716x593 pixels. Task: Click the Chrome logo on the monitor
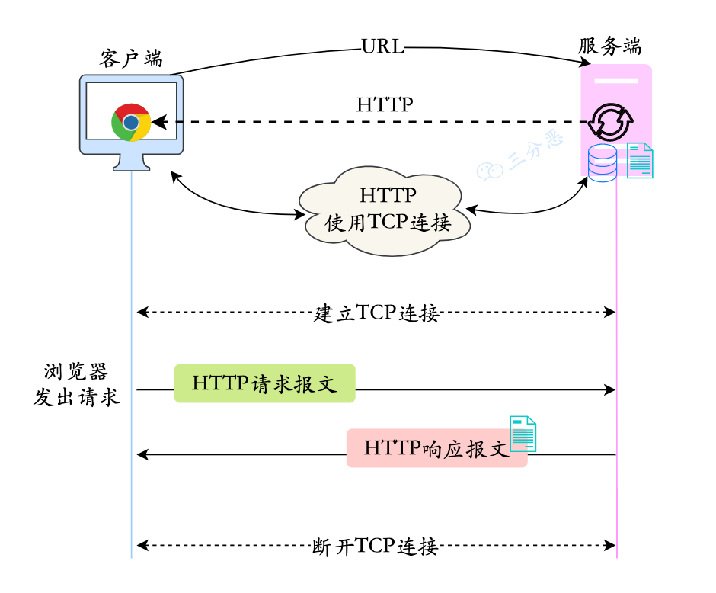click(x=131, y=122)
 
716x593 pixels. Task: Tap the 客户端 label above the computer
click(x=131, y=59)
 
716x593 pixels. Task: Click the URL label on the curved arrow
click(x=383, y=46)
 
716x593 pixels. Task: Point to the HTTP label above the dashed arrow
click(x=385, y=104)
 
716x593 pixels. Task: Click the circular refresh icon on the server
click(x=610, y=121)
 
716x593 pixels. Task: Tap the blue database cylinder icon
click(x=602, y=162)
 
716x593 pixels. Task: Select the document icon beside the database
click(x=640, y=160)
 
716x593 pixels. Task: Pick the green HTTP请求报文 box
click(x=265, y=383)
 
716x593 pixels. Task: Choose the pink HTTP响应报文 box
click(x=436, y=448)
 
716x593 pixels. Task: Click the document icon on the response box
click(x=523, y=434)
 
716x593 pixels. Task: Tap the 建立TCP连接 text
click(x=376, y=313)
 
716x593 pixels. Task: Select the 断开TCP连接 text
click(x=376, y=547)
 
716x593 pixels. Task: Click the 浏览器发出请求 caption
click(x=76, y=385)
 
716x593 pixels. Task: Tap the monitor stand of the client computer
click(x=131, y=162)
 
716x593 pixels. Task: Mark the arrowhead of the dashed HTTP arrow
click(x=158, y=122)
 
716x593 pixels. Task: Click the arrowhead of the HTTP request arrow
click(x=609, y=390)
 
